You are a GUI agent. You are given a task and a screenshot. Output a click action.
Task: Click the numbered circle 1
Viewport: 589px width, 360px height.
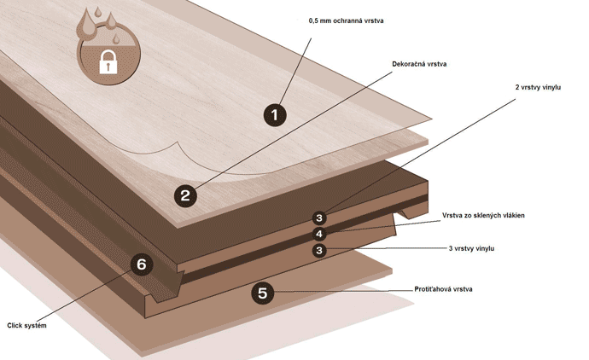(x=275, y=114)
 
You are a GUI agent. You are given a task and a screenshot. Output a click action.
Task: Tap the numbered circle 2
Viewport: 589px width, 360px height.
(x=185, y=195)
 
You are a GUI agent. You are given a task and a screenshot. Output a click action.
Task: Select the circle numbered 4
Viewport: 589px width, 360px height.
(x=319, y=234)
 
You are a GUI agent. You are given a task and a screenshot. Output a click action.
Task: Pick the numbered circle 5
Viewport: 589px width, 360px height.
(x=262, y=293)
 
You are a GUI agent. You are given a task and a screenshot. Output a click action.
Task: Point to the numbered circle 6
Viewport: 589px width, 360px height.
(x=142, y=264)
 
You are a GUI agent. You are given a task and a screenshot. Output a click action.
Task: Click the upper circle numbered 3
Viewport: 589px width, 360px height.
(x=319, y=218)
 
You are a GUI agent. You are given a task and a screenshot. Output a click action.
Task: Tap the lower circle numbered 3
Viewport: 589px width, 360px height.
(x=319, y=250)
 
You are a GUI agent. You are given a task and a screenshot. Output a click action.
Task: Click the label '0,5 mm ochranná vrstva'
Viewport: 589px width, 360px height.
(x=346, y=20)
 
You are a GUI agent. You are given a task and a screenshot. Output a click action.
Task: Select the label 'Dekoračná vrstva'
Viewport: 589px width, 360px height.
(x=419, y=64)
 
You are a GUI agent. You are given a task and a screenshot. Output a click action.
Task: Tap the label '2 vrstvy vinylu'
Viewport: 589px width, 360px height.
(x=539, y=88)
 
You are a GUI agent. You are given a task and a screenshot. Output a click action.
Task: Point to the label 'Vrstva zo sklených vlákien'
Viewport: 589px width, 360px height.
(x=483, y=216)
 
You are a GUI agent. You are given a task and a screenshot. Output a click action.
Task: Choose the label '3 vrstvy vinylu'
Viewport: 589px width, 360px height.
(x=471, y=248)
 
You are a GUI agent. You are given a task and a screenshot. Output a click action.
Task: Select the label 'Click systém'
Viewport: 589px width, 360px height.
(x=26, y=326)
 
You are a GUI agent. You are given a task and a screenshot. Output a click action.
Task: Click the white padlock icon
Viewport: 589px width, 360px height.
(x=108, y=61)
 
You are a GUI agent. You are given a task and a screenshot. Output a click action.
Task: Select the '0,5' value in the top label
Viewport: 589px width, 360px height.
(x=314, y=20)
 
